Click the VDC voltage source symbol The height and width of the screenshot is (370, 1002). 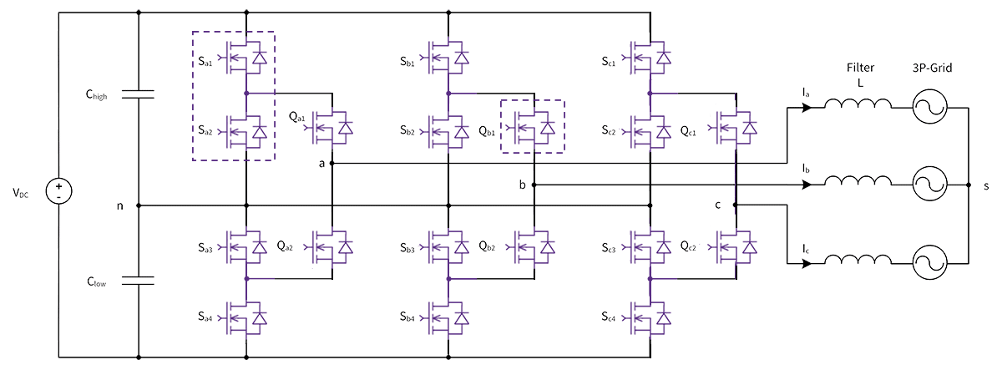(x=58, y=193)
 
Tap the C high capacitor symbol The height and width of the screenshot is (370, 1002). (x=138, y=95)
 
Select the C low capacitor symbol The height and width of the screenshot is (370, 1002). (x=138, y=281)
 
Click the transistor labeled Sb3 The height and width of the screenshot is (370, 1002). (x=449, y=246)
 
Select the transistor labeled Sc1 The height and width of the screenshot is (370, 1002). (x=650, y=58)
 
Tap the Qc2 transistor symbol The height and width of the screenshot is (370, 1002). (x=736, y=246)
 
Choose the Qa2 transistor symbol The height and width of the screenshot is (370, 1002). (x=332, y=246)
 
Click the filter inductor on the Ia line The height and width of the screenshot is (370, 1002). (x=857, y=106)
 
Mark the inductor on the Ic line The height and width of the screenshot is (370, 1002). (x=857, y=263)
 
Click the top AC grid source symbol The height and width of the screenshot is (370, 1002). (x=927, y=106)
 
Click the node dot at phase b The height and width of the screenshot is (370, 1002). (x=534, y=184)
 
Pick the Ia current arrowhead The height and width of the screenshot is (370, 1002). (x=804, y=107)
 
